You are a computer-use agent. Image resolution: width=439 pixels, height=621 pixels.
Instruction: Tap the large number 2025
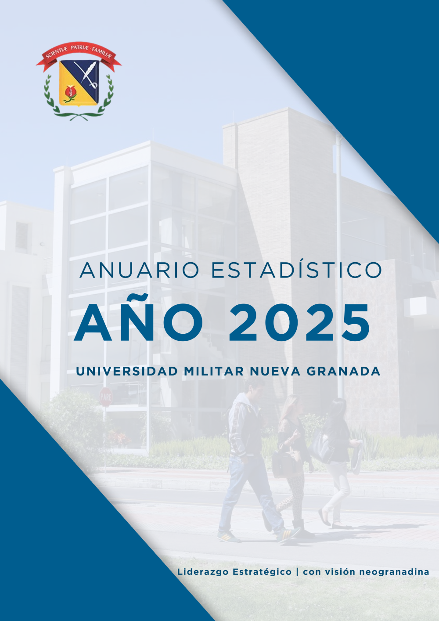(x=299, y=323)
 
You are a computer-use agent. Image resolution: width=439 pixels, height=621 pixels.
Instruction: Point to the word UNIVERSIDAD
(x=127, y=371)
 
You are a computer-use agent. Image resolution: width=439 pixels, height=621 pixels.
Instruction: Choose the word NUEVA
(x=275, y=371)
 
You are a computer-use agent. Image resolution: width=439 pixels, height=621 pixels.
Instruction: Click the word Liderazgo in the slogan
(x=203, y=572)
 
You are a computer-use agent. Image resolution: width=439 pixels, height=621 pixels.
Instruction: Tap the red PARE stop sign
(x=106, y=397)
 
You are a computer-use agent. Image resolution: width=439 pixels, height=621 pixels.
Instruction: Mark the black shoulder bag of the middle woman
(x=283, y=460)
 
